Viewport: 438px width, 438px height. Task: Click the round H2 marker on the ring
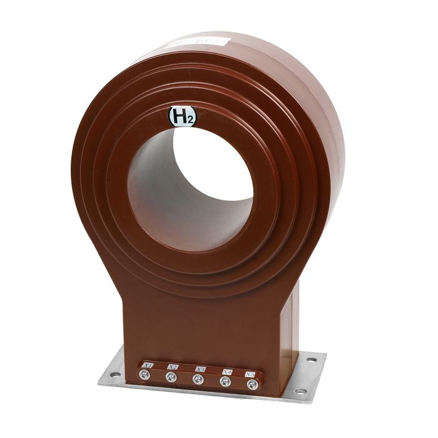tap(182, 117)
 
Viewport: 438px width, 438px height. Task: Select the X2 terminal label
tap(173, 367)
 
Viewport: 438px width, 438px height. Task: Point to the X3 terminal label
tap(200, 369)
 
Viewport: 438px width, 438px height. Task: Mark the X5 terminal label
tap(252, 374)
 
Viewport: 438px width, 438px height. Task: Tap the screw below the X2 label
tap(170, 377)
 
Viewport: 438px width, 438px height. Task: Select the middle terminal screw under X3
tap(197, 379)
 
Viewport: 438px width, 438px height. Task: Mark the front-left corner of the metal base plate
tap(100, 381)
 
